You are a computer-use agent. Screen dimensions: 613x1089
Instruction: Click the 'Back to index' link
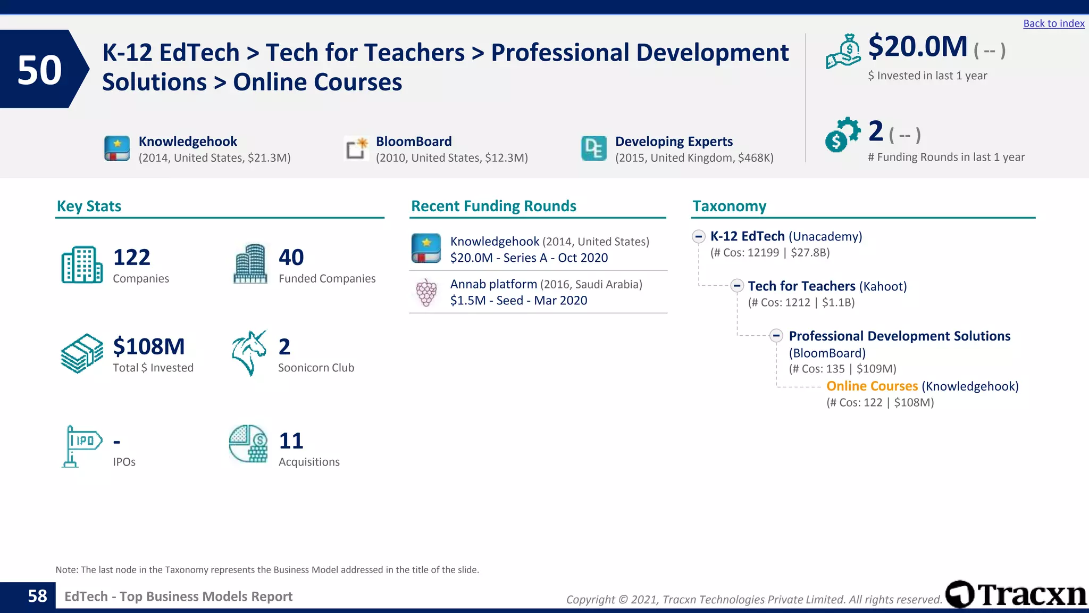(1053, 23)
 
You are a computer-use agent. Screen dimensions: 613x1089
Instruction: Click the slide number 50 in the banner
(39, 70)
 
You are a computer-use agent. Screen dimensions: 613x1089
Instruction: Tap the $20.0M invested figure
(917, 47)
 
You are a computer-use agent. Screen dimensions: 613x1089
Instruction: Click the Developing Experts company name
(674, 142)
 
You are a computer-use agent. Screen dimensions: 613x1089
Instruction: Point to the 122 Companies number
(131, 258)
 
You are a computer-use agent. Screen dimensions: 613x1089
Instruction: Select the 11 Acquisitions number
(291, 441)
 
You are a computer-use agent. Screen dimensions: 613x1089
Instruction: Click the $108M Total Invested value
(149, 347)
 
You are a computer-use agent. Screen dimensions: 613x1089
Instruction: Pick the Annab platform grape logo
(426, 292)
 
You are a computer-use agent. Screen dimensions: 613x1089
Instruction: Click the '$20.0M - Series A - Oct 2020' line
(529, 258)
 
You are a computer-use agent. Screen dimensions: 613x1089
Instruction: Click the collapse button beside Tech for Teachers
(736, 286)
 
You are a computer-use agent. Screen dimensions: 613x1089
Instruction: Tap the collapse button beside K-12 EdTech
(699, 236)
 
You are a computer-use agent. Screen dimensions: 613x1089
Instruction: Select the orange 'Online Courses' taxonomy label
(872, 386)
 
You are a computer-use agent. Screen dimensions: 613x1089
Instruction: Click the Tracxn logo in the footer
(1016, 594)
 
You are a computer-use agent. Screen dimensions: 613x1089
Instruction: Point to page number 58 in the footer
(37, 597)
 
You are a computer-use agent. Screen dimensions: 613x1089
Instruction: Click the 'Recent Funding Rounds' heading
(493, 206)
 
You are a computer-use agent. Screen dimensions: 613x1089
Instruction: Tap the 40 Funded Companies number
(291, 258)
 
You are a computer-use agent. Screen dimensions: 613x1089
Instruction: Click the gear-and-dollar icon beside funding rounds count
(842, 135)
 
